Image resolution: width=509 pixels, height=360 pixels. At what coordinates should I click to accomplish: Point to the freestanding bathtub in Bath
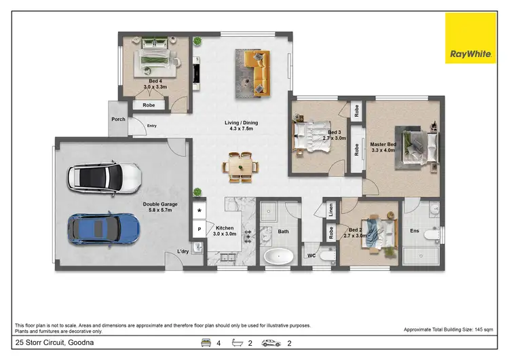(x=278, y=257)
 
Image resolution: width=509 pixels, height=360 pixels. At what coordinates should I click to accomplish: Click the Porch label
(x=118, y=119)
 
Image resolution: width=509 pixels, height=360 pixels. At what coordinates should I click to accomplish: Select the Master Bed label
(x=383, y=145)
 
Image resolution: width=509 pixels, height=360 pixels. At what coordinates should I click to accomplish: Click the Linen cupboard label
(x=331, y=211)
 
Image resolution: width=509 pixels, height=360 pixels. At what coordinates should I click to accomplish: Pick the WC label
(x=312, y=255)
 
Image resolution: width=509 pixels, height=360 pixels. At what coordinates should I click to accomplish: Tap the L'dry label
(x=183, y=251)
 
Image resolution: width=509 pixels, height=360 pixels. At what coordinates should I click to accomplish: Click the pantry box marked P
(x=199, y=230)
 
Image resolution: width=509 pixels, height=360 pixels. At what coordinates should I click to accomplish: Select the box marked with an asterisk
(x=199, y=211)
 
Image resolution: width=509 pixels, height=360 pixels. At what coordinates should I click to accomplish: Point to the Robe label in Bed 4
(x=149, y=105)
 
